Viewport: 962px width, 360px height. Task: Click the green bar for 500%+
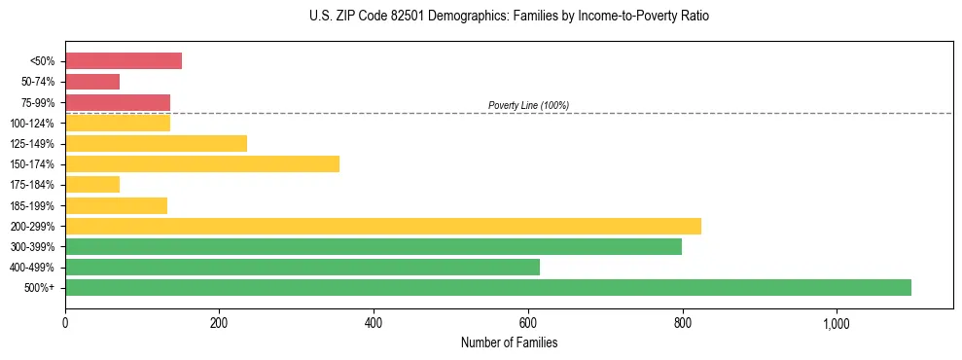click(488, 287)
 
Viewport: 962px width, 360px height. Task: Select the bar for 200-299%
click(383, 226)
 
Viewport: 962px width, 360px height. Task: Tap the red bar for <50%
click(124, 60)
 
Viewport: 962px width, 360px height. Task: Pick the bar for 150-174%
click(202, 163)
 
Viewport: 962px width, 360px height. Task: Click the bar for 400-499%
click(303, 267)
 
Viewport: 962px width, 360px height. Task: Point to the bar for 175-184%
click(92, 184)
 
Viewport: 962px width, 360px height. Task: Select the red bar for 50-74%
click(92, 82)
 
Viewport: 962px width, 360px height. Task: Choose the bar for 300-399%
click(374, 246)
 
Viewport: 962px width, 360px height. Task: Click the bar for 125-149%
click(156, 143)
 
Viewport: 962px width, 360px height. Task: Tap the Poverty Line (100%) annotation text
click(528, 105)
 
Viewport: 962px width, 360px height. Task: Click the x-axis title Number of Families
click(509, 342)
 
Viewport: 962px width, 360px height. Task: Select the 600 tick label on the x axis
click(528, 323)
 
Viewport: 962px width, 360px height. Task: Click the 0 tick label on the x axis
click(65, 323)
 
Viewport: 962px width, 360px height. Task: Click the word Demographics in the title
click(457, 17)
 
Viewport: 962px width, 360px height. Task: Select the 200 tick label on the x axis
click(219, 323)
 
